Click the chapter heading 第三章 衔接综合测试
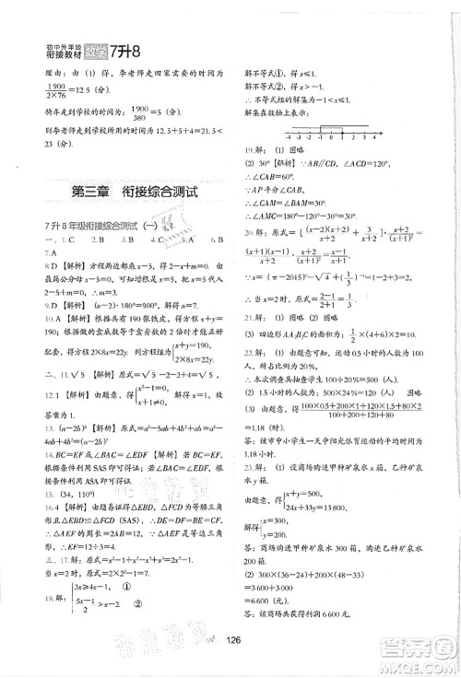click(134, 192)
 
